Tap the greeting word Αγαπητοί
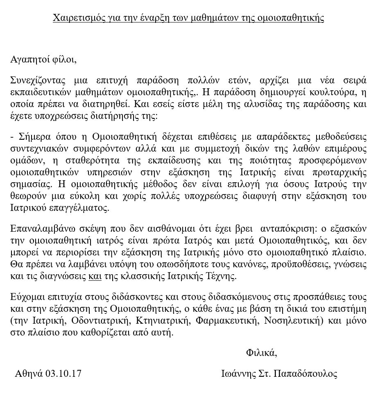(x=29, y=59)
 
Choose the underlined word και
(x=95, y=277)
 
